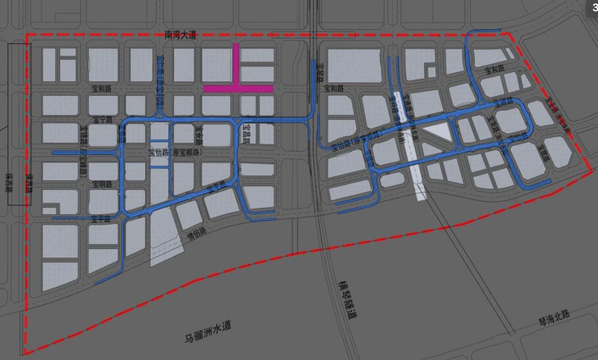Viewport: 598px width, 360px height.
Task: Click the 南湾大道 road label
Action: click(x=181, y=34)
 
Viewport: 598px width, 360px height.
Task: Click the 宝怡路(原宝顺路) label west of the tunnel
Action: click(x=176, y=152)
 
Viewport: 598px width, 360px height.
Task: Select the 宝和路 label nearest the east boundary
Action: click(x=494, y=71)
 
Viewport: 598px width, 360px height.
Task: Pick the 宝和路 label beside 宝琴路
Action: click(x=334, y=89)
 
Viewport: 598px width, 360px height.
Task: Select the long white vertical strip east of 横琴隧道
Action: click(x=419, y=166)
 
